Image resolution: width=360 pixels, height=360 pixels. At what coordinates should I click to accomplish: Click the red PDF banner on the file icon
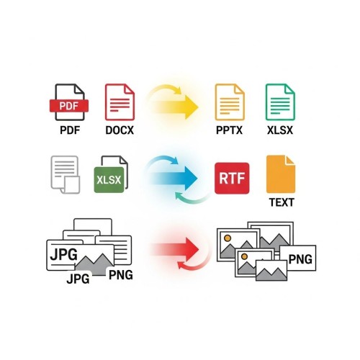[x=69, y=106]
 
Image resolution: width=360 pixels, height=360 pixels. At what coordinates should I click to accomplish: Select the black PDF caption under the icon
[x=70, y=130]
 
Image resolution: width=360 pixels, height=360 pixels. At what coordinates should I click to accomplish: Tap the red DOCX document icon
[x=120, y=102]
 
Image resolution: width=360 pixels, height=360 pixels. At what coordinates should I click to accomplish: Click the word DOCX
[x=120, y=130]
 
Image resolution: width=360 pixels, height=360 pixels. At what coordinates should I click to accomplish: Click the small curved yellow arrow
[x=166, y=88]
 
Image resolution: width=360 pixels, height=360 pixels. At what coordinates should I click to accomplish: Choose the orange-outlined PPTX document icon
[x=230, y=102]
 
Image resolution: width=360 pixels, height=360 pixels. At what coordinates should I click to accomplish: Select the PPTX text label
[x=229, y=130]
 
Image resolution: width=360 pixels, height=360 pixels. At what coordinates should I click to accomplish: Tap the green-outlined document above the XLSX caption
[x=280, y=102]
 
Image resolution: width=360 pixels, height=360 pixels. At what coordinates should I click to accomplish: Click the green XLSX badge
[x=109, y=180]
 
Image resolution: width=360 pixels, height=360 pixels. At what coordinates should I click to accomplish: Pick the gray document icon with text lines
[x=65, y=174]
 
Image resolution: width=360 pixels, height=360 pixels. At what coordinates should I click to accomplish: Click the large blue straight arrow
[x=174, y=179]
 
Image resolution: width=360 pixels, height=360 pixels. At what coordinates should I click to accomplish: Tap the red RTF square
[x=232, y=179]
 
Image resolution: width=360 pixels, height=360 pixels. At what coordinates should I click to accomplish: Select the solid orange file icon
[x=281, y=174]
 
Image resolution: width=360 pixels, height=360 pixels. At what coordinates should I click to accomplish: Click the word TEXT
[x=282, y=202]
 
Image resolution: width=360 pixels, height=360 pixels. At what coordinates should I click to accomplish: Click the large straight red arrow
[x=175, y=250]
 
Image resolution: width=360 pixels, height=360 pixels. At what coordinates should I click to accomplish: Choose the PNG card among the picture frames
[x=298, y=258]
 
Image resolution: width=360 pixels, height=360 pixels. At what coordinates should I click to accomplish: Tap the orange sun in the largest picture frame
[x=228, y=238]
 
